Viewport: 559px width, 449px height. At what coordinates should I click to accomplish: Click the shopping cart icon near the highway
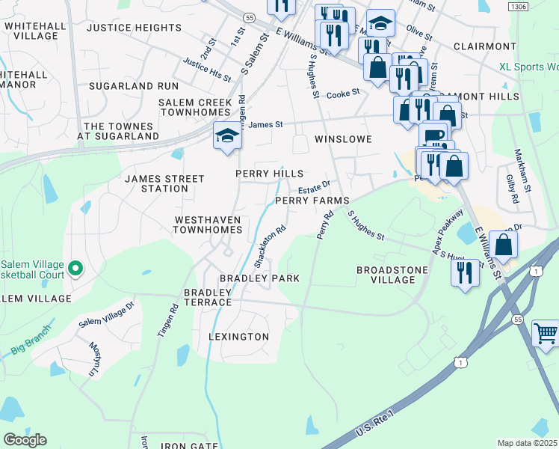coord(546,334)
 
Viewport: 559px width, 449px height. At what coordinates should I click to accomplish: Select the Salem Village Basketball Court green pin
coord(75,268)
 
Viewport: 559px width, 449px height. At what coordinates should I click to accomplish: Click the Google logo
coord(25,440)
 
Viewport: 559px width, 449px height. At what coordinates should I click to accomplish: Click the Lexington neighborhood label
coord(239,337)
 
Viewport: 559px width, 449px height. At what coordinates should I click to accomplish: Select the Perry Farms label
coord(312,201)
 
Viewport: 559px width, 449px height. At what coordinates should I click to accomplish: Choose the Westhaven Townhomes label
coord(208,225)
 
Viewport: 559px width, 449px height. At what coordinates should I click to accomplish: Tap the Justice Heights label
coord(135,28)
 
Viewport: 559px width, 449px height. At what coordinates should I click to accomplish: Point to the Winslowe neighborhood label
coord(342,139)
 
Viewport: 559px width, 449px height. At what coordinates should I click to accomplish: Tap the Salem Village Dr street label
coord(107,317)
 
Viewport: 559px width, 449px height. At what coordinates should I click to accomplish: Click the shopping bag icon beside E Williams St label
coord(504,245)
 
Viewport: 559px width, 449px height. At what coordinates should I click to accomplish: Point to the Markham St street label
coord(522,169)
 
